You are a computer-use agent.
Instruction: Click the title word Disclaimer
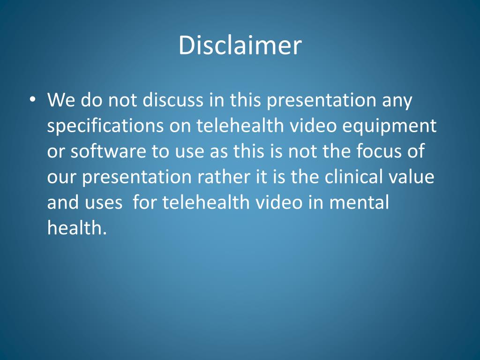click(240, 46)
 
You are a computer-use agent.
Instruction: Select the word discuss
click(176, 100)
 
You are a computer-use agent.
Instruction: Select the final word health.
click(74, 228)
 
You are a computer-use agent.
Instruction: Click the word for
click(144, 202)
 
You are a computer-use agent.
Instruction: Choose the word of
click(417, 152)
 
